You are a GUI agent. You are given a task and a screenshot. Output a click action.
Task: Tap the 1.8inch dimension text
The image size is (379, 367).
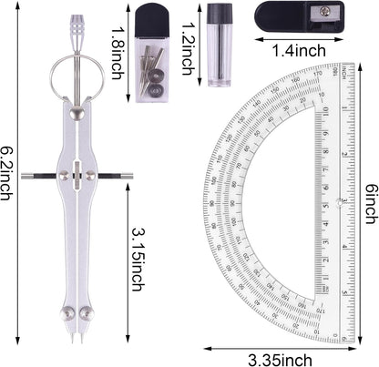(117, 51)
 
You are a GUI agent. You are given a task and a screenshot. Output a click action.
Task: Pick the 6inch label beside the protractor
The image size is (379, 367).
(370, 213)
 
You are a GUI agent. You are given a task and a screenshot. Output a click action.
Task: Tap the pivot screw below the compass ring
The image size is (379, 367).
(77, 112)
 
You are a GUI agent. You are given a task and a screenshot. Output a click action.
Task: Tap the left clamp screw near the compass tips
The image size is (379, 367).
(67, 314)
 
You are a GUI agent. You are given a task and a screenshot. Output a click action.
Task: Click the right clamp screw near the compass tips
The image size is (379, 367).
(87, 314)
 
